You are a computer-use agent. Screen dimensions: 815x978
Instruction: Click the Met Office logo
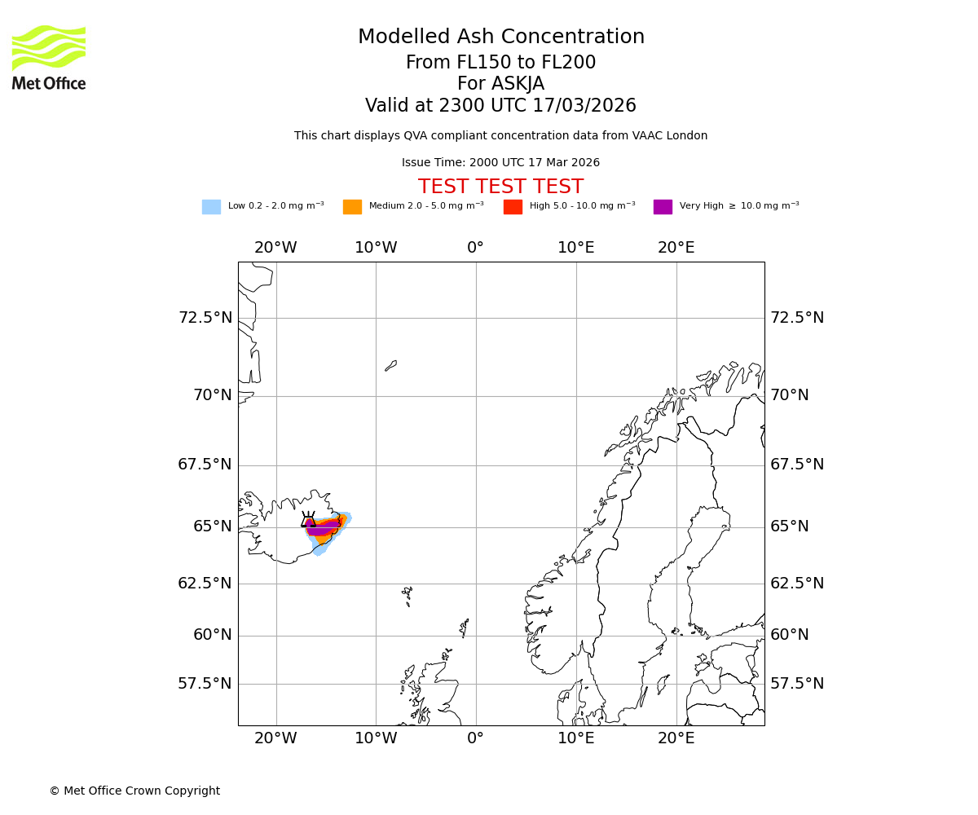(x=49, y=57)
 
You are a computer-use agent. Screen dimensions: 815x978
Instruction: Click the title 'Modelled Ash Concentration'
(x=500, y=37)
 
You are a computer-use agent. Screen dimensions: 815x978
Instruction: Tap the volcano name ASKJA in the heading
(x=500, y=84)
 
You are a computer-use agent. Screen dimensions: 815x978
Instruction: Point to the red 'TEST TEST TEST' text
(x=500, y=187)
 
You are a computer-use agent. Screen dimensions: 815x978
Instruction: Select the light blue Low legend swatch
(x=211, y=206)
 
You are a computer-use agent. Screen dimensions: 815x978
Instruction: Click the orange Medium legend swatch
(x=352, y=206)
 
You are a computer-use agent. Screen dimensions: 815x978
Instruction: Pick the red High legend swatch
(x=513, y=206)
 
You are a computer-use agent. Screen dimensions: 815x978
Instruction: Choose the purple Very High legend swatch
(x=663, y=206)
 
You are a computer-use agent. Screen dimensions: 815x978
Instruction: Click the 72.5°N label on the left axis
(x=205, y=317)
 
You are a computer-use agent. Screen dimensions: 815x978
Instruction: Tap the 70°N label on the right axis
(x=790, y=395)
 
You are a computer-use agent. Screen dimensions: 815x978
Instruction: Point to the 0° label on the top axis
(x=476, y=248)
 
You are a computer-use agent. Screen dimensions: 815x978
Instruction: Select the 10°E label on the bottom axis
(x=576, y=738)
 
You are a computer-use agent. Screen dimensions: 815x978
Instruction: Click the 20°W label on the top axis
(x=275, y=248)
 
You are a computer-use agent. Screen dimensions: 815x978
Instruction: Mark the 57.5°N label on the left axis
(x=205, y=683)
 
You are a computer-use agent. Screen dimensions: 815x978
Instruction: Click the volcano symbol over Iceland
(x=308, y=521)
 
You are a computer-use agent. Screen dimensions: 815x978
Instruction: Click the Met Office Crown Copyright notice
(x=134, y=791)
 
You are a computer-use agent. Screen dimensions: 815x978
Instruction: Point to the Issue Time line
(x=500, y=162)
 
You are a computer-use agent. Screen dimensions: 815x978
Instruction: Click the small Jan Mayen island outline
(x=391, y=366)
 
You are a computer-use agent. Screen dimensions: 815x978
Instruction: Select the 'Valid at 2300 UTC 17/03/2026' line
(x=500, y=105)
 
